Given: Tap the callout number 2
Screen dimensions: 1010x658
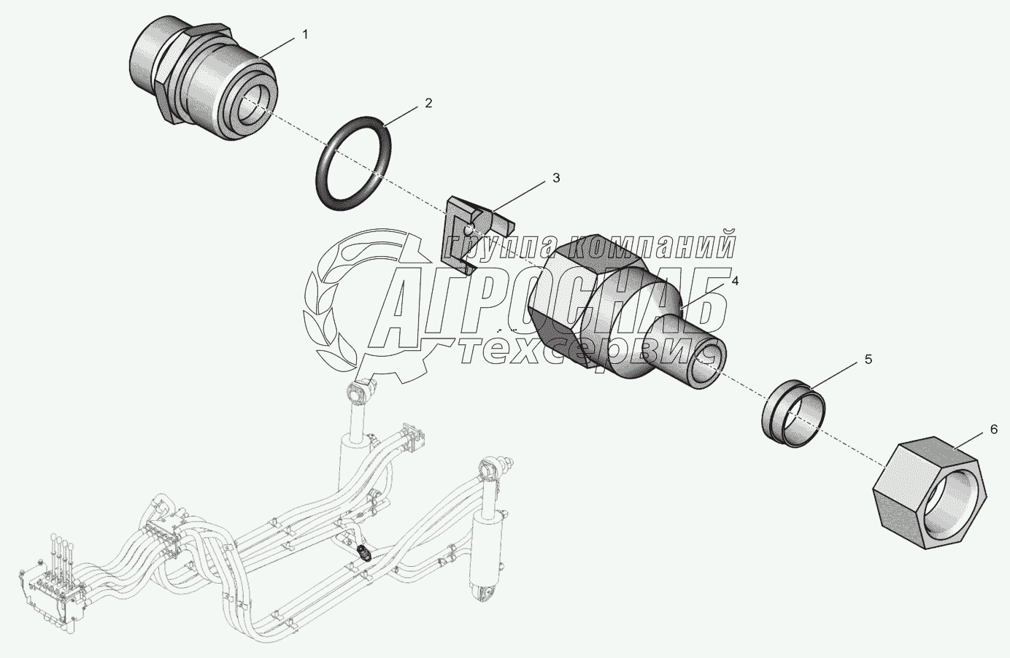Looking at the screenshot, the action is point(428,103).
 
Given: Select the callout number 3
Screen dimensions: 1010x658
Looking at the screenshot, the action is point(555,177).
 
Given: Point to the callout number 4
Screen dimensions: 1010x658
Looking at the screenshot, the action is point(735,281).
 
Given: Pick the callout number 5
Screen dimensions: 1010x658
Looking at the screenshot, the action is point(868,359).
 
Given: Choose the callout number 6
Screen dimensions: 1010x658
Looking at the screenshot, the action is point(993,430).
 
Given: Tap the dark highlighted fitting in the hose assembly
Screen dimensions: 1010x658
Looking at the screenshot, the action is point(366,554).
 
